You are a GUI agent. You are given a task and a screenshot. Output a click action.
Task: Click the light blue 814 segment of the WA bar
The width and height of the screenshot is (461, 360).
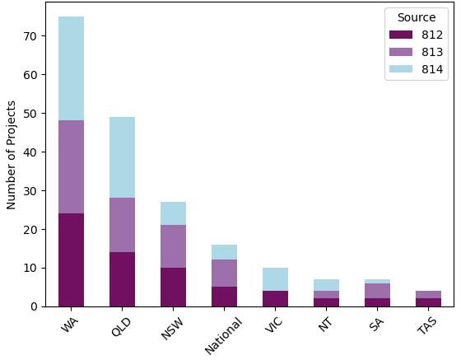(x=71, y=68)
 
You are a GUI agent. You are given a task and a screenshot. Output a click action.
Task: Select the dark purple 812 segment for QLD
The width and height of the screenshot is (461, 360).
(x=123, y=279)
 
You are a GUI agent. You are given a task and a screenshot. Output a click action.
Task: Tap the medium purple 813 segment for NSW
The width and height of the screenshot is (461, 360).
(x=173, y=246)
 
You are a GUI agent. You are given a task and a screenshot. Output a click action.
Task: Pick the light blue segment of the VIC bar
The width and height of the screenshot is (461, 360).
(x=276, y=279)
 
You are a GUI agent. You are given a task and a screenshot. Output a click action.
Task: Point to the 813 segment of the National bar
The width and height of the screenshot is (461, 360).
(x=224, y=274)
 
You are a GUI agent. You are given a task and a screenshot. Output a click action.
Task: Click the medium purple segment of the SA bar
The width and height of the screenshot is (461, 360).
(x=378, y=291)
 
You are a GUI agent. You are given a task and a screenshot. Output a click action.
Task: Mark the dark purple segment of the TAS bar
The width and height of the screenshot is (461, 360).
(x=429, y=302)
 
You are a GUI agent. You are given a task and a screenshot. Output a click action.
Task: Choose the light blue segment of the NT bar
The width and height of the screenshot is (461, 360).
(x=326, y=285)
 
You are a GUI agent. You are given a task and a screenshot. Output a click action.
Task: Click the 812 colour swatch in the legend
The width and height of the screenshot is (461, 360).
(x=401, y=35)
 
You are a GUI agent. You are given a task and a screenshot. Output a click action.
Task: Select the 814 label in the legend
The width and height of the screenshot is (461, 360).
(x=432, y=69)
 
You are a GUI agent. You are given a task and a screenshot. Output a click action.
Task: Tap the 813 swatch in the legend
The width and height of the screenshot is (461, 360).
(x=401, y=52)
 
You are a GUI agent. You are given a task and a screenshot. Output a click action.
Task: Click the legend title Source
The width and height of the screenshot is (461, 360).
(x=417, y=17)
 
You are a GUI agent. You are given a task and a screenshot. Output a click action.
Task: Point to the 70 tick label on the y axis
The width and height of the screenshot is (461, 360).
(x=30, y=36)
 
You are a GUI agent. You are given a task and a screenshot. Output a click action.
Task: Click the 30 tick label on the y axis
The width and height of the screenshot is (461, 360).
(x=30, y=191)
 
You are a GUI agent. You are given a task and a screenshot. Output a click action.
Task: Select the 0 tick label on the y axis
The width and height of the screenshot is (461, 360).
(x=34, y=306)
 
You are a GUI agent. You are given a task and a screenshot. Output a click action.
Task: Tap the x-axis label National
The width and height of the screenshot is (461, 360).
(x=223, y=336)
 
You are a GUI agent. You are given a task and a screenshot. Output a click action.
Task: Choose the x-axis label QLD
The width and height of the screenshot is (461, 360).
(x=121, y=327)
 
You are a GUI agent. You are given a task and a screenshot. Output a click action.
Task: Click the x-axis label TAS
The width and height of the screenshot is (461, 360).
(x=427, y=325)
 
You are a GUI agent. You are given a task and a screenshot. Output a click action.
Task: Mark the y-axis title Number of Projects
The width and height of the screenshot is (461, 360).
(x=11, y=156)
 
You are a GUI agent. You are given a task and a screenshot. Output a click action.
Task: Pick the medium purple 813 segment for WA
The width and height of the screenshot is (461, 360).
(x=71, y=167)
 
